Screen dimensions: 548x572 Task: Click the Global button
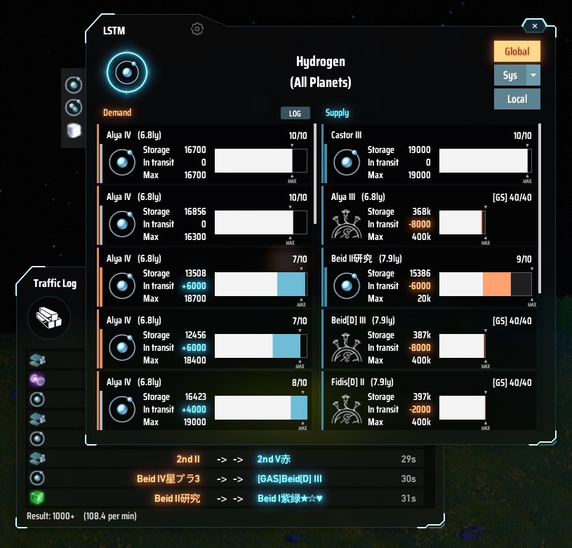tap(517, 51)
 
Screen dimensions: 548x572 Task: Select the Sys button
tap(510, 75)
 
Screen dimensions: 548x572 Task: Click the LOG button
tap(295, 113)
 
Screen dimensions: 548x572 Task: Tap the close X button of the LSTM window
tap(535, 26)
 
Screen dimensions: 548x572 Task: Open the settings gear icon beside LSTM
tap(197, 29)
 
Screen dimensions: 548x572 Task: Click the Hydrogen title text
tap(320, 62)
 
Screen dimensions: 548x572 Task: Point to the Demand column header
tap(117, 112)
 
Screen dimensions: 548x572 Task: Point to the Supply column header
tap(337, 112)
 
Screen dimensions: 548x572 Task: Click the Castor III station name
tap(346, 135)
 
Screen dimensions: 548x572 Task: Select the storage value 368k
tap(421, 211)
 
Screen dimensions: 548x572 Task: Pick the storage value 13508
tap(194, 273)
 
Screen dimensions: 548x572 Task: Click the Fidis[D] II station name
tap(349, 382)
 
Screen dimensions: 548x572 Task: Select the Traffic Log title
tap(55, 283)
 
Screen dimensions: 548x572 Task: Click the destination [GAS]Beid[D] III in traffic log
tap(289, 479)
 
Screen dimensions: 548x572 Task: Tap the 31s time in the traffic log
tap(408, 498)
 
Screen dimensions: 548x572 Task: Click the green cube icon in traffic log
tap(37, 498)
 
